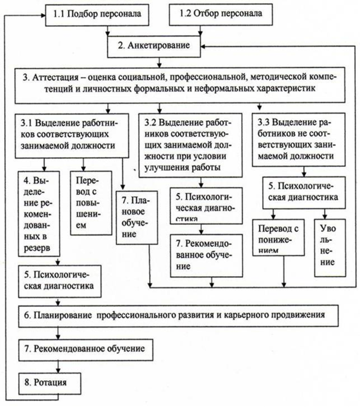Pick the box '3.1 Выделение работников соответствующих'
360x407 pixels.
73,136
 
